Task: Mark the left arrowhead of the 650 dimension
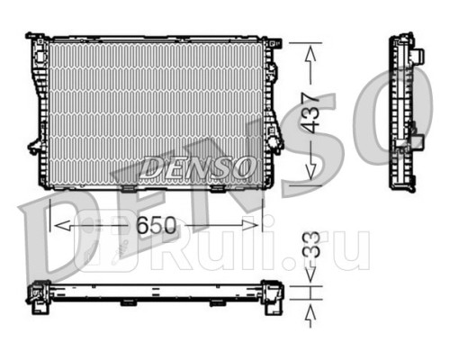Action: point(56,223)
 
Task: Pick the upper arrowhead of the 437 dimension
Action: point(311,52)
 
